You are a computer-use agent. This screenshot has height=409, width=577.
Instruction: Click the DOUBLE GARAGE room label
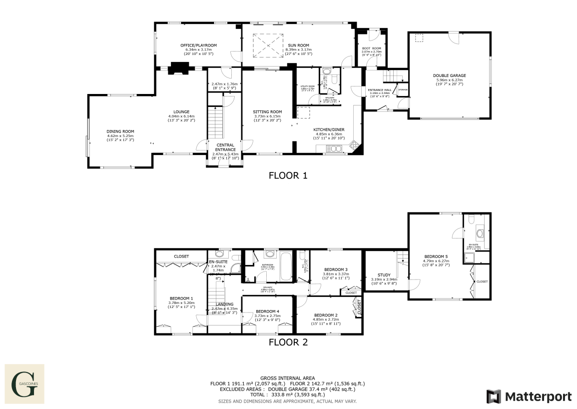point(449,75)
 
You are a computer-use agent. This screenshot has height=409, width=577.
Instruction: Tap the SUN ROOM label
point(298,45)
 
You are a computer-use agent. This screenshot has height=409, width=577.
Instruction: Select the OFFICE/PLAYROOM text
point(198,45)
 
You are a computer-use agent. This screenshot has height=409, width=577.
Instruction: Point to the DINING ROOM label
point(120,131)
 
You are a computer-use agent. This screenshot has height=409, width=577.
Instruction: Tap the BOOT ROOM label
point(371,48)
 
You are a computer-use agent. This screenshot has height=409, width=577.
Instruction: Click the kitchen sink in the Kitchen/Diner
point(334,148)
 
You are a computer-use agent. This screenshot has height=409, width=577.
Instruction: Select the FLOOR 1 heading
point(288,175)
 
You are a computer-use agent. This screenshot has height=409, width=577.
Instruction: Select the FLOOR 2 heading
point(288,342)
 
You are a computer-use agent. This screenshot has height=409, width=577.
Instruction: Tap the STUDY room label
point(384,274)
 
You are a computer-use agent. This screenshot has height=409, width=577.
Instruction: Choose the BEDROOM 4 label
point(267,311)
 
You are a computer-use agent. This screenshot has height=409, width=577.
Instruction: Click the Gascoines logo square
point(24,384)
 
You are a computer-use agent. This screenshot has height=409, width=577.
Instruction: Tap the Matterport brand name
point(538,397)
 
